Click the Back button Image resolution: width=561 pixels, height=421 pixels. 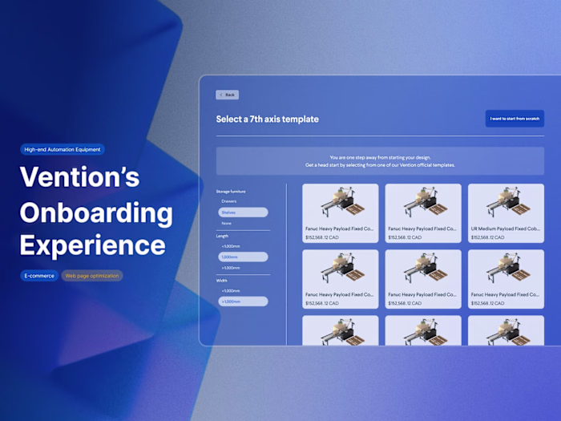pos(228,95)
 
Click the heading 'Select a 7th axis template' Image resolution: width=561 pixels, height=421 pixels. pos(267,119)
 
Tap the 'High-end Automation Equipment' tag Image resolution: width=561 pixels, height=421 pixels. pos(63,149)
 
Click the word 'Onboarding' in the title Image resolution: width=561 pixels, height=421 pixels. pos(96,213)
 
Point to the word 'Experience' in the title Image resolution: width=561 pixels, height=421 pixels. pos(92,245)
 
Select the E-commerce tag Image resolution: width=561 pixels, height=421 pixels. pos(38,276)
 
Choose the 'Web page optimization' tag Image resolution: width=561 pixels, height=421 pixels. pos(92,276)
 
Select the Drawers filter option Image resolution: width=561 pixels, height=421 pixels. pos(229,201)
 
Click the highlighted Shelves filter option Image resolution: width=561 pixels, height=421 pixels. pos(243,213)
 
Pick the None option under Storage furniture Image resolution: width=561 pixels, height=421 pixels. pos(227,223)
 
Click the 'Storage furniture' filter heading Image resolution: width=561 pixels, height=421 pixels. pos(233,191)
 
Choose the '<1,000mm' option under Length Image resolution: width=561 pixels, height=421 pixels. pos(230,246)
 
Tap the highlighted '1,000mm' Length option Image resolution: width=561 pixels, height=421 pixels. pos(243,257)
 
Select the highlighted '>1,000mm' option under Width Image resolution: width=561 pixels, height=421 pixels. pos(243,302)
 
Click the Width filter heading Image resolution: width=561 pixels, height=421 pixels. pos(223,281)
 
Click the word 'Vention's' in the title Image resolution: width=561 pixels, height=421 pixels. pos(79,178)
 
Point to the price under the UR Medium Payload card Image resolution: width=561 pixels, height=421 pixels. pos(488,237)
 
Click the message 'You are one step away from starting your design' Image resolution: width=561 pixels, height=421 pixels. pos(380,157)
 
